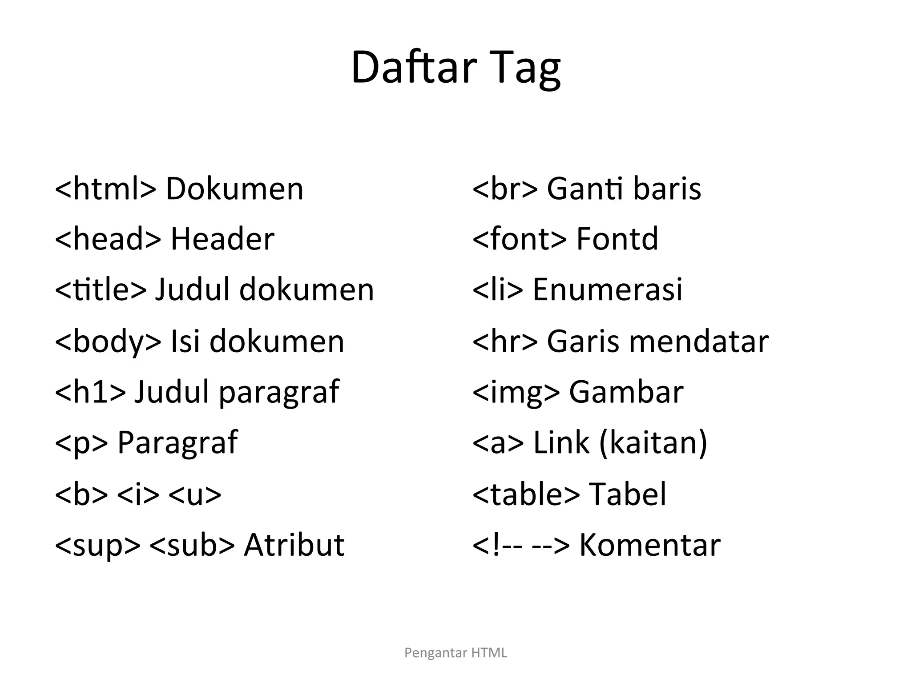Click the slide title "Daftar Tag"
tap(455, 68)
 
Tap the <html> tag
tap(105, 189)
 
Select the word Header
tap(222, 239)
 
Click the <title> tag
tap(100, 290)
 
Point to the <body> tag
tap(108, 341)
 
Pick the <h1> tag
tap(90, 392)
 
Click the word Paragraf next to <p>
tap(177, 443)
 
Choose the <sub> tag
tap(192, 545)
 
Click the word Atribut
tap(294, 545)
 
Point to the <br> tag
tap(505, 189)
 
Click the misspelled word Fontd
tap(617, 239)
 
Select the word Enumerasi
tap(607, 290)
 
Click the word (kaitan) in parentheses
tap(653, 443)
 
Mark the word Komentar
tap(649, 545)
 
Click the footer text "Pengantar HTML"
tap(455, 653)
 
